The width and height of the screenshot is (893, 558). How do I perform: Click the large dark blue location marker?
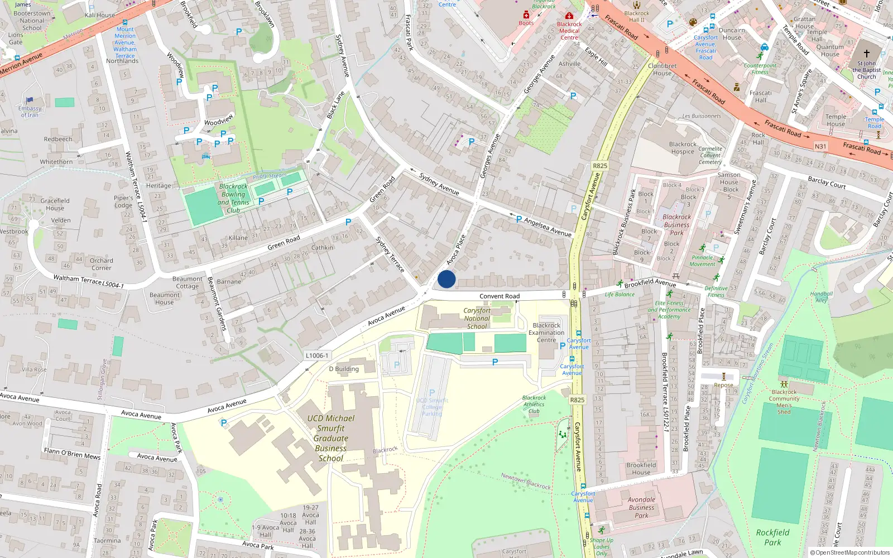[446, 279]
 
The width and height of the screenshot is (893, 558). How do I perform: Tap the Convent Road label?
[500, 296]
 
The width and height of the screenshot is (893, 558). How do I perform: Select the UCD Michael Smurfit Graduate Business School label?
[331, 438]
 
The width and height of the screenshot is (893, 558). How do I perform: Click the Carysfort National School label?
[477, 319]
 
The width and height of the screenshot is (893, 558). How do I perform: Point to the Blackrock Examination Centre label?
[546, 333]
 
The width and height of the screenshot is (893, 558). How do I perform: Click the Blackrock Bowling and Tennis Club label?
[233, 199]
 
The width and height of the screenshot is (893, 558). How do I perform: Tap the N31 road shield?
[820, 147]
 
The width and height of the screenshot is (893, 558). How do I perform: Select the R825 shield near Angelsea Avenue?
[600, 166]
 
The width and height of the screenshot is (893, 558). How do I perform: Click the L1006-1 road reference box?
[317, 355]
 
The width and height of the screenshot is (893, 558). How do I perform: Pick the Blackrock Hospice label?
[683, 148]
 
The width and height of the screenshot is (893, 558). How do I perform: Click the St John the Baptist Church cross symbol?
[866, 54]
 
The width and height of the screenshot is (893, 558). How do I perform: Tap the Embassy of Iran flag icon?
[30, 100]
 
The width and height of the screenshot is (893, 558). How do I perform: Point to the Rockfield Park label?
[772, 537]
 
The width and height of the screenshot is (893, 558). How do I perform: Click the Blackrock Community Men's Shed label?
[784, 402]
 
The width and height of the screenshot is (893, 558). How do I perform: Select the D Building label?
[344, 369]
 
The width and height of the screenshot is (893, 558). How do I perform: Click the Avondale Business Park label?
[641, 508]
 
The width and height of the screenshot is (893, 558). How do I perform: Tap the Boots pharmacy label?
[526, 23]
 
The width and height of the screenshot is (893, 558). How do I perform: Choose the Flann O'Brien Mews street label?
[72, 454]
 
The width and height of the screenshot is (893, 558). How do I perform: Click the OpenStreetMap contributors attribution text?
[849, 553]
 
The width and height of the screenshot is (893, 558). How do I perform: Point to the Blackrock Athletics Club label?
[534, 405]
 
